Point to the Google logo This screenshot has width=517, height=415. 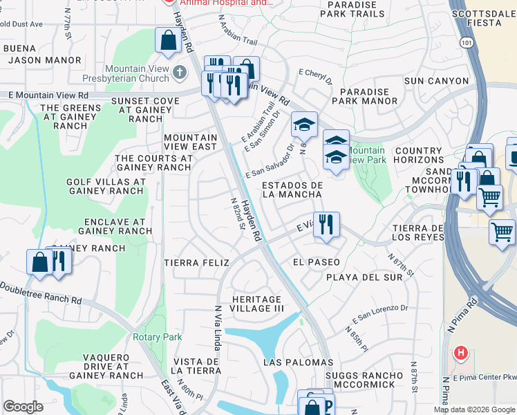[x=23, y=407]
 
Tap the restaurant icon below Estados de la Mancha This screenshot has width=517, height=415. [x=327, y=224]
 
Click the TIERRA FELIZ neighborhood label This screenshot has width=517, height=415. [x=191, y=263]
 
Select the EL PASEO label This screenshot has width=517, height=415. [x=316, y=263]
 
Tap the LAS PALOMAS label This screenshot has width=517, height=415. [x=298, y=362]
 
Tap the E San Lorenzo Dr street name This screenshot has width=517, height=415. [x=380, y=313]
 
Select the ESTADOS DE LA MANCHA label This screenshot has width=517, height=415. [x=292, y=190]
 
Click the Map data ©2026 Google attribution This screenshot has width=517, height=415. [x=473, y=409]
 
